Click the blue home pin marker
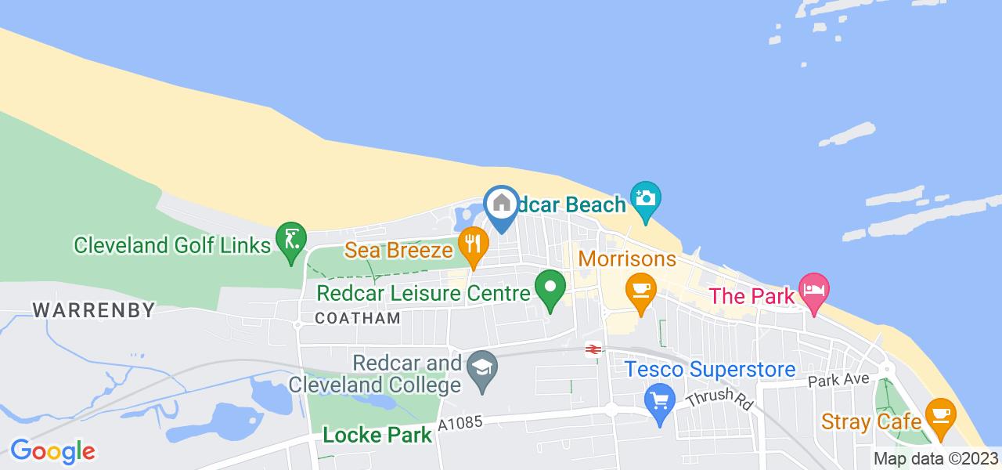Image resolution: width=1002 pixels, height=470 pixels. pyautogui.click(x=501, y=206)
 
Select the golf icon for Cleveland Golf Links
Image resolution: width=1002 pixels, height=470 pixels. pyautogui.click(x=290, y=237)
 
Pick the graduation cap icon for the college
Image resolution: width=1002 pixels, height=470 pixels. pyautogui.click(x=479, y=366)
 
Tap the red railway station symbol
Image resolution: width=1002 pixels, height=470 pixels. pyautogui.click(x=593, y=350)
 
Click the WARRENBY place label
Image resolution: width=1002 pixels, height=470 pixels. pyautogui.click(x=94, y=309)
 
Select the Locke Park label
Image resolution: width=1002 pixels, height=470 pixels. pyautogui.click(x=378, y=434)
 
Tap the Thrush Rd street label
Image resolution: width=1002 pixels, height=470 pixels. pyautogui.click(x=718, y=399)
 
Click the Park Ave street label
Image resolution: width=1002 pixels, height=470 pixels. pyautogui.click(x=838, y=379)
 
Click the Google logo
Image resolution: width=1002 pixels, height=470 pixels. pyautogui.click(x=52, y=451)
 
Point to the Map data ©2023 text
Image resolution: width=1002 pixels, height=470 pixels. pyautogui.click(x=935, y=459)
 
